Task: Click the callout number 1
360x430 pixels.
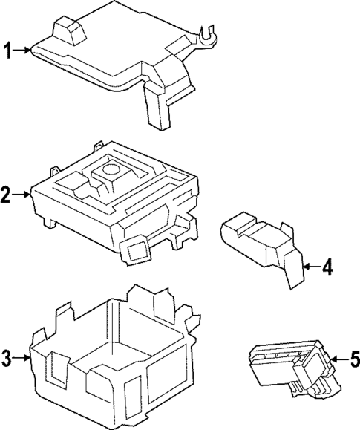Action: (10, 51)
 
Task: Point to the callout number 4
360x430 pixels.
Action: (327, 267)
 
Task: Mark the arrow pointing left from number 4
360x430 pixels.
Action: (311, 267)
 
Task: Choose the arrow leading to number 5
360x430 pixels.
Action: (336, 360)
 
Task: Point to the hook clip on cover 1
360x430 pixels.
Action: (207, 33)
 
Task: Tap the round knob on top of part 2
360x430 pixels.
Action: (112, 169)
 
